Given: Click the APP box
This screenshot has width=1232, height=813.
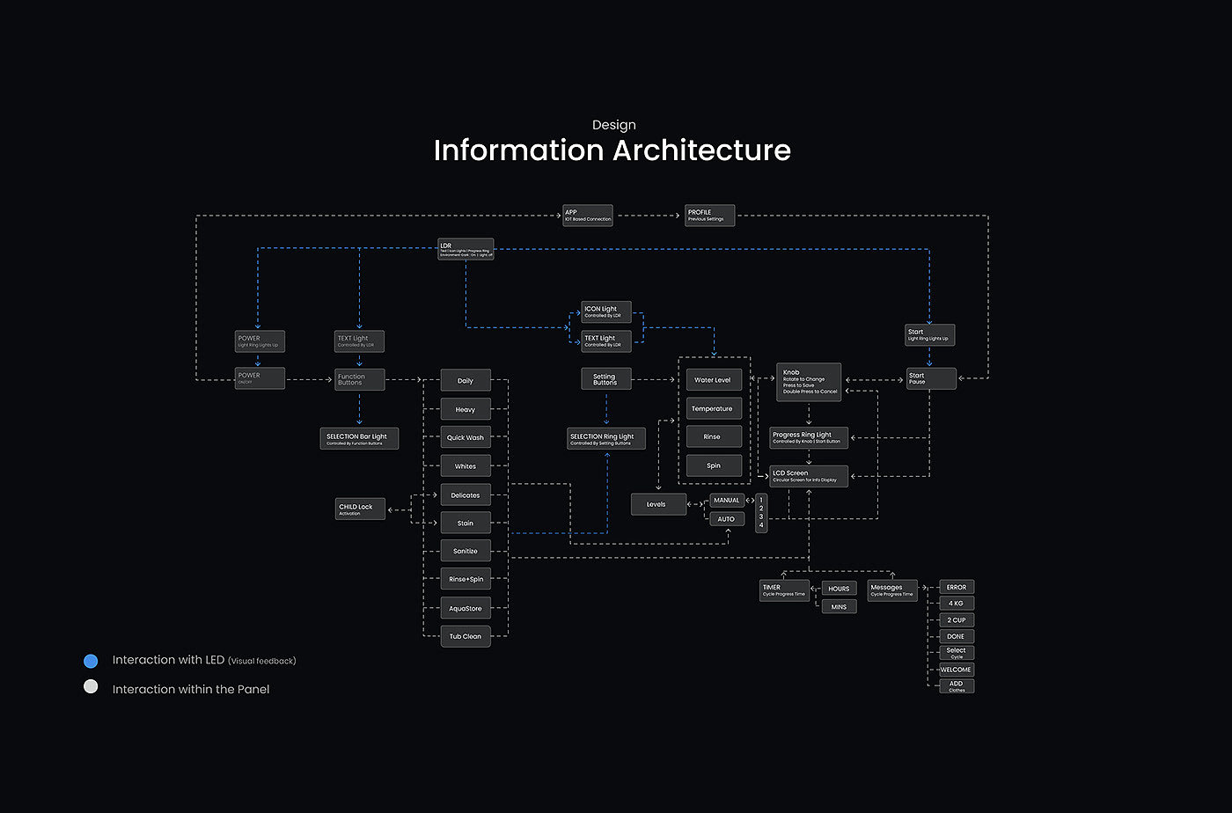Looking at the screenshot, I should pos(587,216).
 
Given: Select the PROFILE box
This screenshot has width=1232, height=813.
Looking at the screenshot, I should pos(709,216).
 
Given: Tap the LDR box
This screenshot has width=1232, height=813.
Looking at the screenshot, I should pos(466,249).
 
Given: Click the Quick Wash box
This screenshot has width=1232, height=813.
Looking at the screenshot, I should pos(466,437).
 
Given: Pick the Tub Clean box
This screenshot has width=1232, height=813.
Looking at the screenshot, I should pos(466,636).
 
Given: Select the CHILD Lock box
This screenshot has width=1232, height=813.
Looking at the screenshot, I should pos(360,509).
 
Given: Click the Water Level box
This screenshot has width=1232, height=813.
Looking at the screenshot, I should pos(713,380).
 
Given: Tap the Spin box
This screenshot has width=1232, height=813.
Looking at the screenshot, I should pos(713,465).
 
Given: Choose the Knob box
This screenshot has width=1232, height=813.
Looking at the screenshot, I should pos(809,382).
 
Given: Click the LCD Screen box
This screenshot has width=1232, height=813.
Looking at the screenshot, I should pos(809,476).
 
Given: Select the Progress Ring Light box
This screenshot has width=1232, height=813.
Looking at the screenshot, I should pos(809,437).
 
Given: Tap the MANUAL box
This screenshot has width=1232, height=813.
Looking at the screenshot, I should pos(727,501).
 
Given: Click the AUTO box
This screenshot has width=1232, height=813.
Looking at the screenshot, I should pos(727,519).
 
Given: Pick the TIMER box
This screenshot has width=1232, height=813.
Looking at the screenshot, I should pos(784,590).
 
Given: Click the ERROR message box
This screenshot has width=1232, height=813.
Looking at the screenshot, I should pos(957,587).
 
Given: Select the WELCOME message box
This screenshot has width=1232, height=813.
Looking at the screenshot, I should pos(957,670).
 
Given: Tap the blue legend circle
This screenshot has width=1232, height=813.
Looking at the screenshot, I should pos(91,661).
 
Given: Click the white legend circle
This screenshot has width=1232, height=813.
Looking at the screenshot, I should pos(91,687).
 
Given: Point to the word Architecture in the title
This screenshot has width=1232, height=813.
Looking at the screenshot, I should pos(701,150).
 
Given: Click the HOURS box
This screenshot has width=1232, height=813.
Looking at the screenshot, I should pos(839,589).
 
